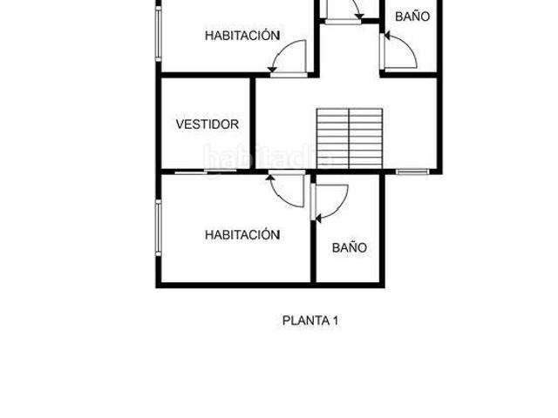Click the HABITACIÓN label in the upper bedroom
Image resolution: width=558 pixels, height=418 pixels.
click(242, 35)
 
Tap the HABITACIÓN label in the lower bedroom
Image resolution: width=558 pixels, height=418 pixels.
click(242, 234)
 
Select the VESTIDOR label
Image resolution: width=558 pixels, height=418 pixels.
click(208, 124)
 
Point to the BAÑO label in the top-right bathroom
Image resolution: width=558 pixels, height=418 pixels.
click(412, 17)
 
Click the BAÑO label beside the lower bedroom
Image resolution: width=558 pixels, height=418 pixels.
click(350, 247)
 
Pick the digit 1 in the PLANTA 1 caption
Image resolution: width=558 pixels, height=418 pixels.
click(335, 320)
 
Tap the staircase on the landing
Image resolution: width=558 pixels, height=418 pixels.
click(350, 138)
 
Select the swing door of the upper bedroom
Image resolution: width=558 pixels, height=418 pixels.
click(289, 58)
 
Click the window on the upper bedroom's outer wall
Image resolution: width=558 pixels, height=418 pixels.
click(159, 33)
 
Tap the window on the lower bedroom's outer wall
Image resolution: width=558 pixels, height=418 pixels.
click(159, 227)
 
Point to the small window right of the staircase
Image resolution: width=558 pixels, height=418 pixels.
click(412, 172)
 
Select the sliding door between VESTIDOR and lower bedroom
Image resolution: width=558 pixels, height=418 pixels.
click(206, 172)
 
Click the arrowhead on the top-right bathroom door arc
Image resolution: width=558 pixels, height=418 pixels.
click(387, 36)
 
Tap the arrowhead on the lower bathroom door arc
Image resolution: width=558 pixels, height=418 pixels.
click(318, 219)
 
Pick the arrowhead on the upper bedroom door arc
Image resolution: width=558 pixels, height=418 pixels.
click(272, 69)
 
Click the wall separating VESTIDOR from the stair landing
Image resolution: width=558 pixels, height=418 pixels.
click(253, 123)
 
